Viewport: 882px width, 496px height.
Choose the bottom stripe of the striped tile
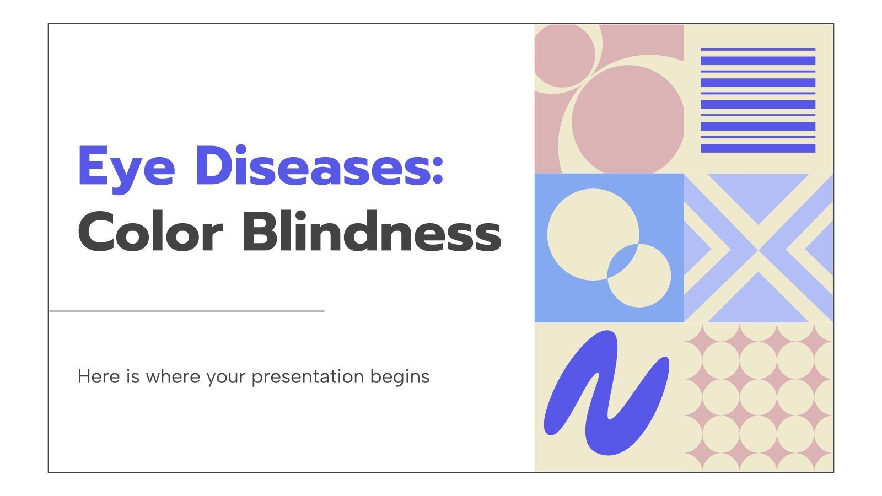click(758, 148)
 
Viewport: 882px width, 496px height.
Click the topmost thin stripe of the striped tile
click(758, 50)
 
